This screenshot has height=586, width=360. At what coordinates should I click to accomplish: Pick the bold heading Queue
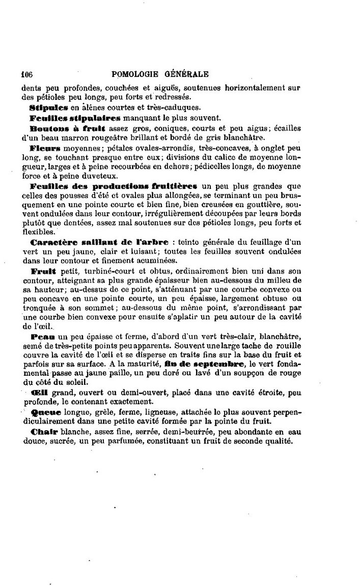(x=46, y=411)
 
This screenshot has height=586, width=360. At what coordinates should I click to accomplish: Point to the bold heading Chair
(x=44, y=432)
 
